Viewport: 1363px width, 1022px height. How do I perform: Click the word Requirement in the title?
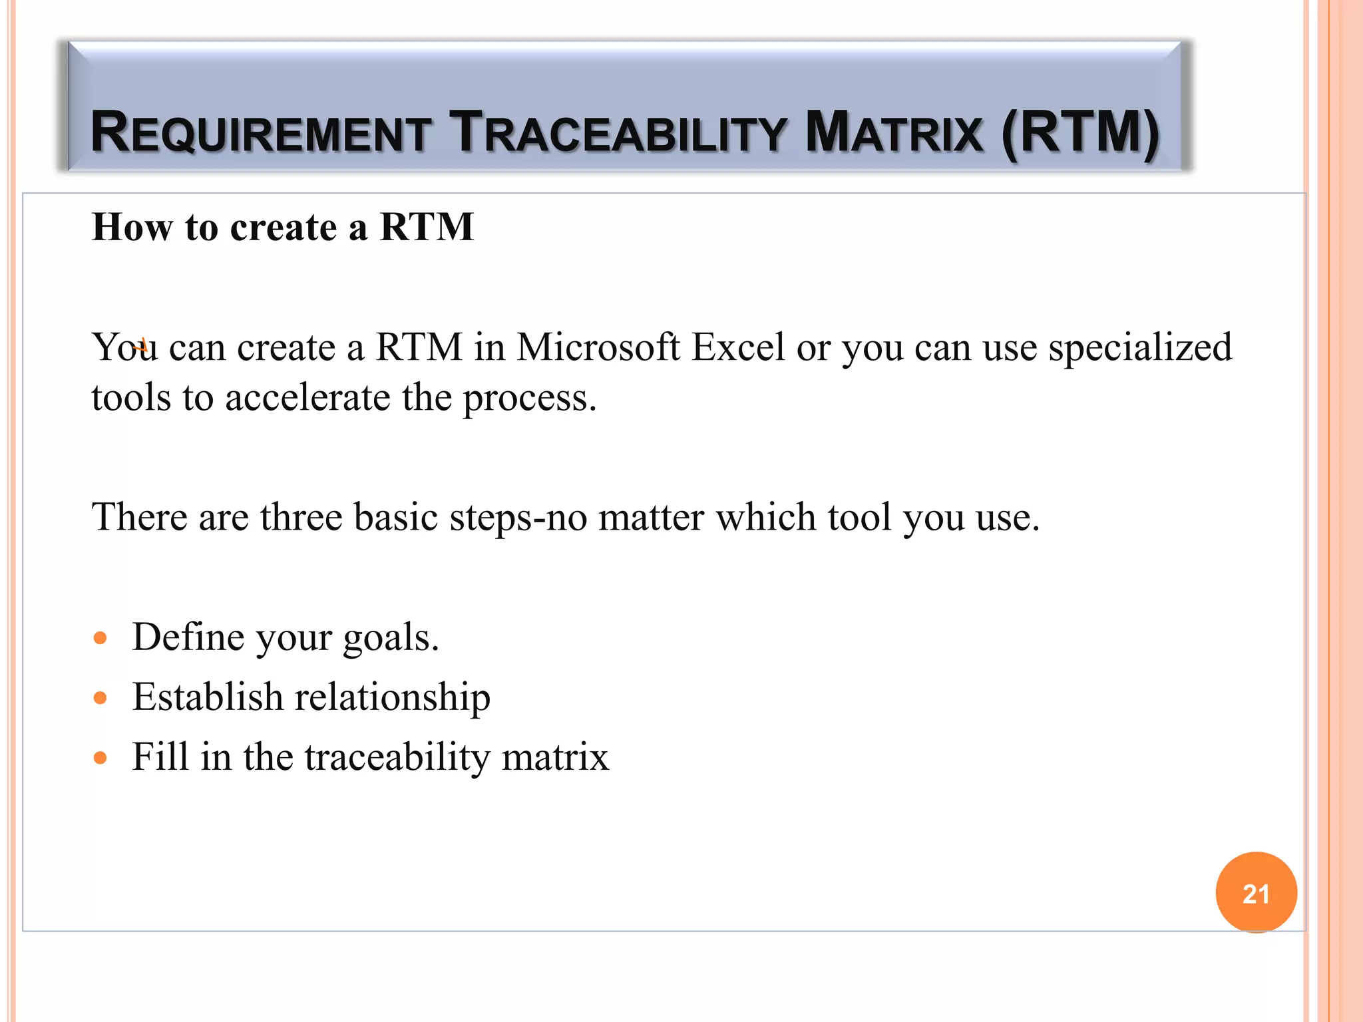[x=260, y=132]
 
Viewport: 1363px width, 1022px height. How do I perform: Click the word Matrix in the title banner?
[x=893, y=132]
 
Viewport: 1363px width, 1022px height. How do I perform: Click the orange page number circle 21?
[x=1256, y=892]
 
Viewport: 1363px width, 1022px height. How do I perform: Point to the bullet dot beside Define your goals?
[x=100, y=639]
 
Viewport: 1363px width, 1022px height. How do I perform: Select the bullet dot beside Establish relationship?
[x=100, y=698]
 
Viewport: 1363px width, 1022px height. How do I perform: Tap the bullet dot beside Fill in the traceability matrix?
[x=100, y=757]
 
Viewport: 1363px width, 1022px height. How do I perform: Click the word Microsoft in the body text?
[x=598, y=347]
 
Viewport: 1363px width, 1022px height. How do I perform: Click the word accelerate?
[x=307, y=398]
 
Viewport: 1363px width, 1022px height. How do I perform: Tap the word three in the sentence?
[x=301, y=517]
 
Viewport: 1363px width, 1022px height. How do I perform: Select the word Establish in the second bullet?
[x=208, y=697]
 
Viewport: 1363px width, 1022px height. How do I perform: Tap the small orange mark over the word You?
[x=140, y=345]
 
